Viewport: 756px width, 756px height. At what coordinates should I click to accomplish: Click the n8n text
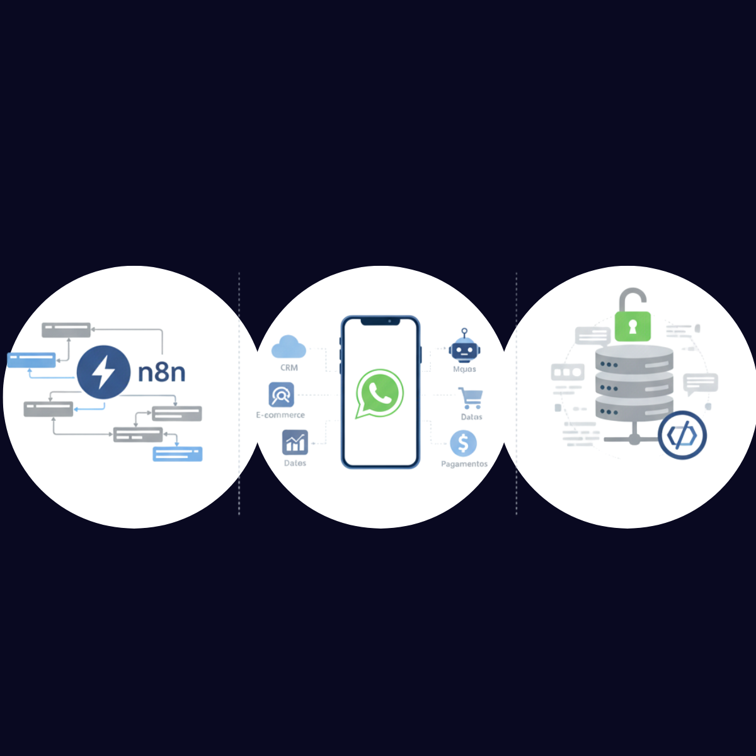pos(162,372)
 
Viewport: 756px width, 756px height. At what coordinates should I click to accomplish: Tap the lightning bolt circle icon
pos(103,372)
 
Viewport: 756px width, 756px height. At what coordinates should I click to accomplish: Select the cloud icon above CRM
pos(289,347)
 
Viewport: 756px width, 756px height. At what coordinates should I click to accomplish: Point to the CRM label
pos(289,368)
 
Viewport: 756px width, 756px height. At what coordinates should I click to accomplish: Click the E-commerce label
pos(280,415)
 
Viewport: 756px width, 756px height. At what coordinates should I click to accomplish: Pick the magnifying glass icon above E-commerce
pos(280,395)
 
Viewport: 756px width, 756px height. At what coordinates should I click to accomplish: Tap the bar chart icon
pos(295,442)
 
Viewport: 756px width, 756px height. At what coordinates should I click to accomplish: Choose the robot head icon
pos(464,347)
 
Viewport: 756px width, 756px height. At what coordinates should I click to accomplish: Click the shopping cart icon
pos(471,398)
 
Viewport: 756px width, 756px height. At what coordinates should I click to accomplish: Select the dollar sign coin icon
pos(464,444)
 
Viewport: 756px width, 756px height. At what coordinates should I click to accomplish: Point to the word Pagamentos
pos(464,464)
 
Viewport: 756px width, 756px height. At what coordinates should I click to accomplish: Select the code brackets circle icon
pos(682,435)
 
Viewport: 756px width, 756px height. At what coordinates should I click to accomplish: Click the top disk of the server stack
pos(634,359)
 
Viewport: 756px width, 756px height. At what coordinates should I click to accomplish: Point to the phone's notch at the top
pos(380,321)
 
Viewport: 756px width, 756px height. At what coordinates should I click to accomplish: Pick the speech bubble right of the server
pos(701,383)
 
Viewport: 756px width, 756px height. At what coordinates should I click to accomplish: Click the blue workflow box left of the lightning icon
pos(31,360)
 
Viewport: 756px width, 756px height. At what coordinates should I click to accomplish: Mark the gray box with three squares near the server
pos(568,372)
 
